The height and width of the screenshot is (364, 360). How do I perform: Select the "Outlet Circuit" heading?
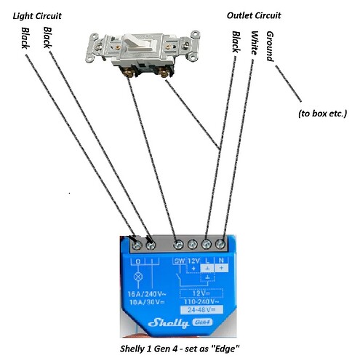tap(253, 15)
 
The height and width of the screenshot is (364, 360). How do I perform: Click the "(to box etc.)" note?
tap(323, 114)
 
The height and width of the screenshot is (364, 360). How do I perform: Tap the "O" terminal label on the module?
tap(135, 261)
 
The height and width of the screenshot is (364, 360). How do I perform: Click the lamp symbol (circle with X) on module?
tap(135, 277)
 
